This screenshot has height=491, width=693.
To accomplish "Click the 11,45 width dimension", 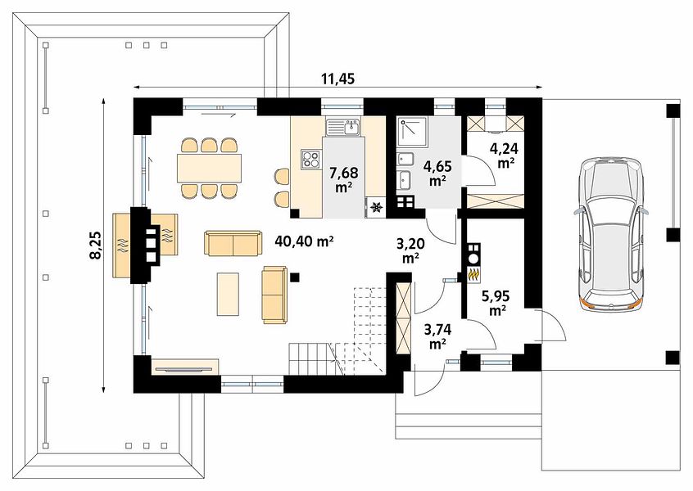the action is pyautogui.click(x=338, y=79).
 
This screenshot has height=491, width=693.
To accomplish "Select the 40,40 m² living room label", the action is pyautogui.click(x=304, y=241).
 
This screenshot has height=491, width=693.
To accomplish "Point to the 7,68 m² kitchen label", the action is pyautogui.click(x=343, y=179).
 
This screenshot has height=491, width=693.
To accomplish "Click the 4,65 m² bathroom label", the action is pyautogui.click(x=437, y=173).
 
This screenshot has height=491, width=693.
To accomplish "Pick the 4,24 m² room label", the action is pyautogui.click(x=504, y=155).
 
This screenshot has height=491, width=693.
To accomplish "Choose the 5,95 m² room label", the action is pyautogui.click(x=497, y=303).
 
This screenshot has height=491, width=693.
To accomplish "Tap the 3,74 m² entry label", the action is pyautogui.click(x=437, y=336).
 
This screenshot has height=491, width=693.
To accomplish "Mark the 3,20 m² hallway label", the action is pyautogui.click(x=410, y=250).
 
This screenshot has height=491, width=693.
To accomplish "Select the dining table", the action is pyautogui.click(x=210, y=168).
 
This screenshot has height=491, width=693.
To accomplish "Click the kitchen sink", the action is pyautogui.click(x=343, y=127).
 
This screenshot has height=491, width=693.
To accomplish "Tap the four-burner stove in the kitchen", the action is pyautogui.click(x=310, y=159).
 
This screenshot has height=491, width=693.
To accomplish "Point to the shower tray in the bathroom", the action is pyautogui.click(x=412, y=132).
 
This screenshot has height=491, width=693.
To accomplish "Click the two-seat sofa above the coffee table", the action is pyautogui.click(x=233, y=243).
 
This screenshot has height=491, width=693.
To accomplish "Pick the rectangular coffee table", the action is pyautogui.click(x=228, y=294).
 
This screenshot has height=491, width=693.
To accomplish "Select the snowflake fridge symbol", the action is pyautogui.click(x=377, y=207).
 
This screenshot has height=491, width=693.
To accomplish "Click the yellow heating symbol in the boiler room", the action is pyautogui.click(x=474, y=275).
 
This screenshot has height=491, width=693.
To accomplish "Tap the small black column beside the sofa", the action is pyautogui.click(x=295, y=277).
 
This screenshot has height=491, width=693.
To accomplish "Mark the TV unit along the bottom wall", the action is pyautogui.click(x=185, y=367).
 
